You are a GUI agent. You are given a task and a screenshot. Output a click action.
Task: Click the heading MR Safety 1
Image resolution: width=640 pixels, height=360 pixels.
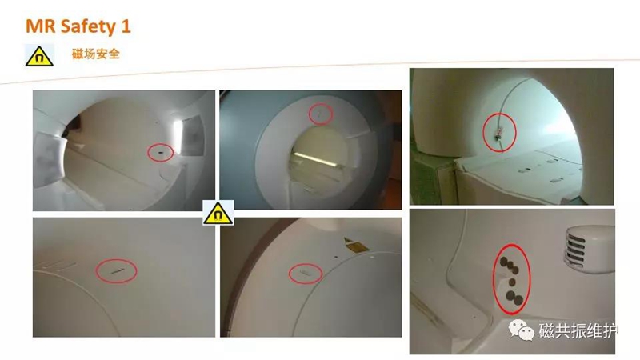pos(78,26)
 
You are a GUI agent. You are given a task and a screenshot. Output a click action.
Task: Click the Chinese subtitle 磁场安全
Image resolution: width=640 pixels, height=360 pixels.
pos(95,54)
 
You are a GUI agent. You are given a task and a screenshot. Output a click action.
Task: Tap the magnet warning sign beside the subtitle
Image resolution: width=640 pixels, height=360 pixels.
pos(39,55)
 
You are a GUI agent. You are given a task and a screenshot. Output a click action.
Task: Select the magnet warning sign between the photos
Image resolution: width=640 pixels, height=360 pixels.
pos(218,212)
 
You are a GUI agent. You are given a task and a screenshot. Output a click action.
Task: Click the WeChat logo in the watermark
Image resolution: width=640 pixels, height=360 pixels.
pos(522,330)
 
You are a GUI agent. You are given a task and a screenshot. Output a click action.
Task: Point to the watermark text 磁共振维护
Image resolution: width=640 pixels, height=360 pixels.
pos(578,330)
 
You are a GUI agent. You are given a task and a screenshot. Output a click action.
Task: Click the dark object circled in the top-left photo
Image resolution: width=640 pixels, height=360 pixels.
pos(160,153)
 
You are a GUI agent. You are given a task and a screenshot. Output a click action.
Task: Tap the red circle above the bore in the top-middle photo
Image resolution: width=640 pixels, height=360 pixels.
pos(321,114)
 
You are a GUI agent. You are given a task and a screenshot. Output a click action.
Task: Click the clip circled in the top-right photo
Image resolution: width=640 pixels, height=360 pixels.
pos(498,134)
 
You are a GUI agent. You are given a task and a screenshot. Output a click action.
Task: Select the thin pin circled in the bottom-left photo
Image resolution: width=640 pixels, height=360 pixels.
pos(117,271)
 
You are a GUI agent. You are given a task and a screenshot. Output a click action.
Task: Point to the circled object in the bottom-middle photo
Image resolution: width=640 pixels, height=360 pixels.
pos(306,273)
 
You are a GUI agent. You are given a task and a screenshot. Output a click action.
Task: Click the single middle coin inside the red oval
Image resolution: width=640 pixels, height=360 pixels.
pos(512,282)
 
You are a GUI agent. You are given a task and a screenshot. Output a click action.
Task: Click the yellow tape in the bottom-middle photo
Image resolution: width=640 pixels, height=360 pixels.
pos(355,245)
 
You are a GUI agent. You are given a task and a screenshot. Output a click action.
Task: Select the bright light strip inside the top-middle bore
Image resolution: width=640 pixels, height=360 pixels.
pos(315,159)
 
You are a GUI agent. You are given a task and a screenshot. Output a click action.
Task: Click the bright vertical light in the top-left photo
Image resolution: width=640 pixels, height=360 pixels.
pos(178,137)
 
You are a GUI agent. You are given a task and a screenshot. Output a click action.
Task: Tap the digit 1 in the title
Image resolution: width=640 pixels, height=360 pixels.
pos(126,26)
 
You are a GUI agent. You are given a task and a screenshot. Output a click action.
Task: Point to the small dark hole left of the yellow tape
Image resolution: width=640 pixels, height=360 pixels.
pos(336,258)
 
